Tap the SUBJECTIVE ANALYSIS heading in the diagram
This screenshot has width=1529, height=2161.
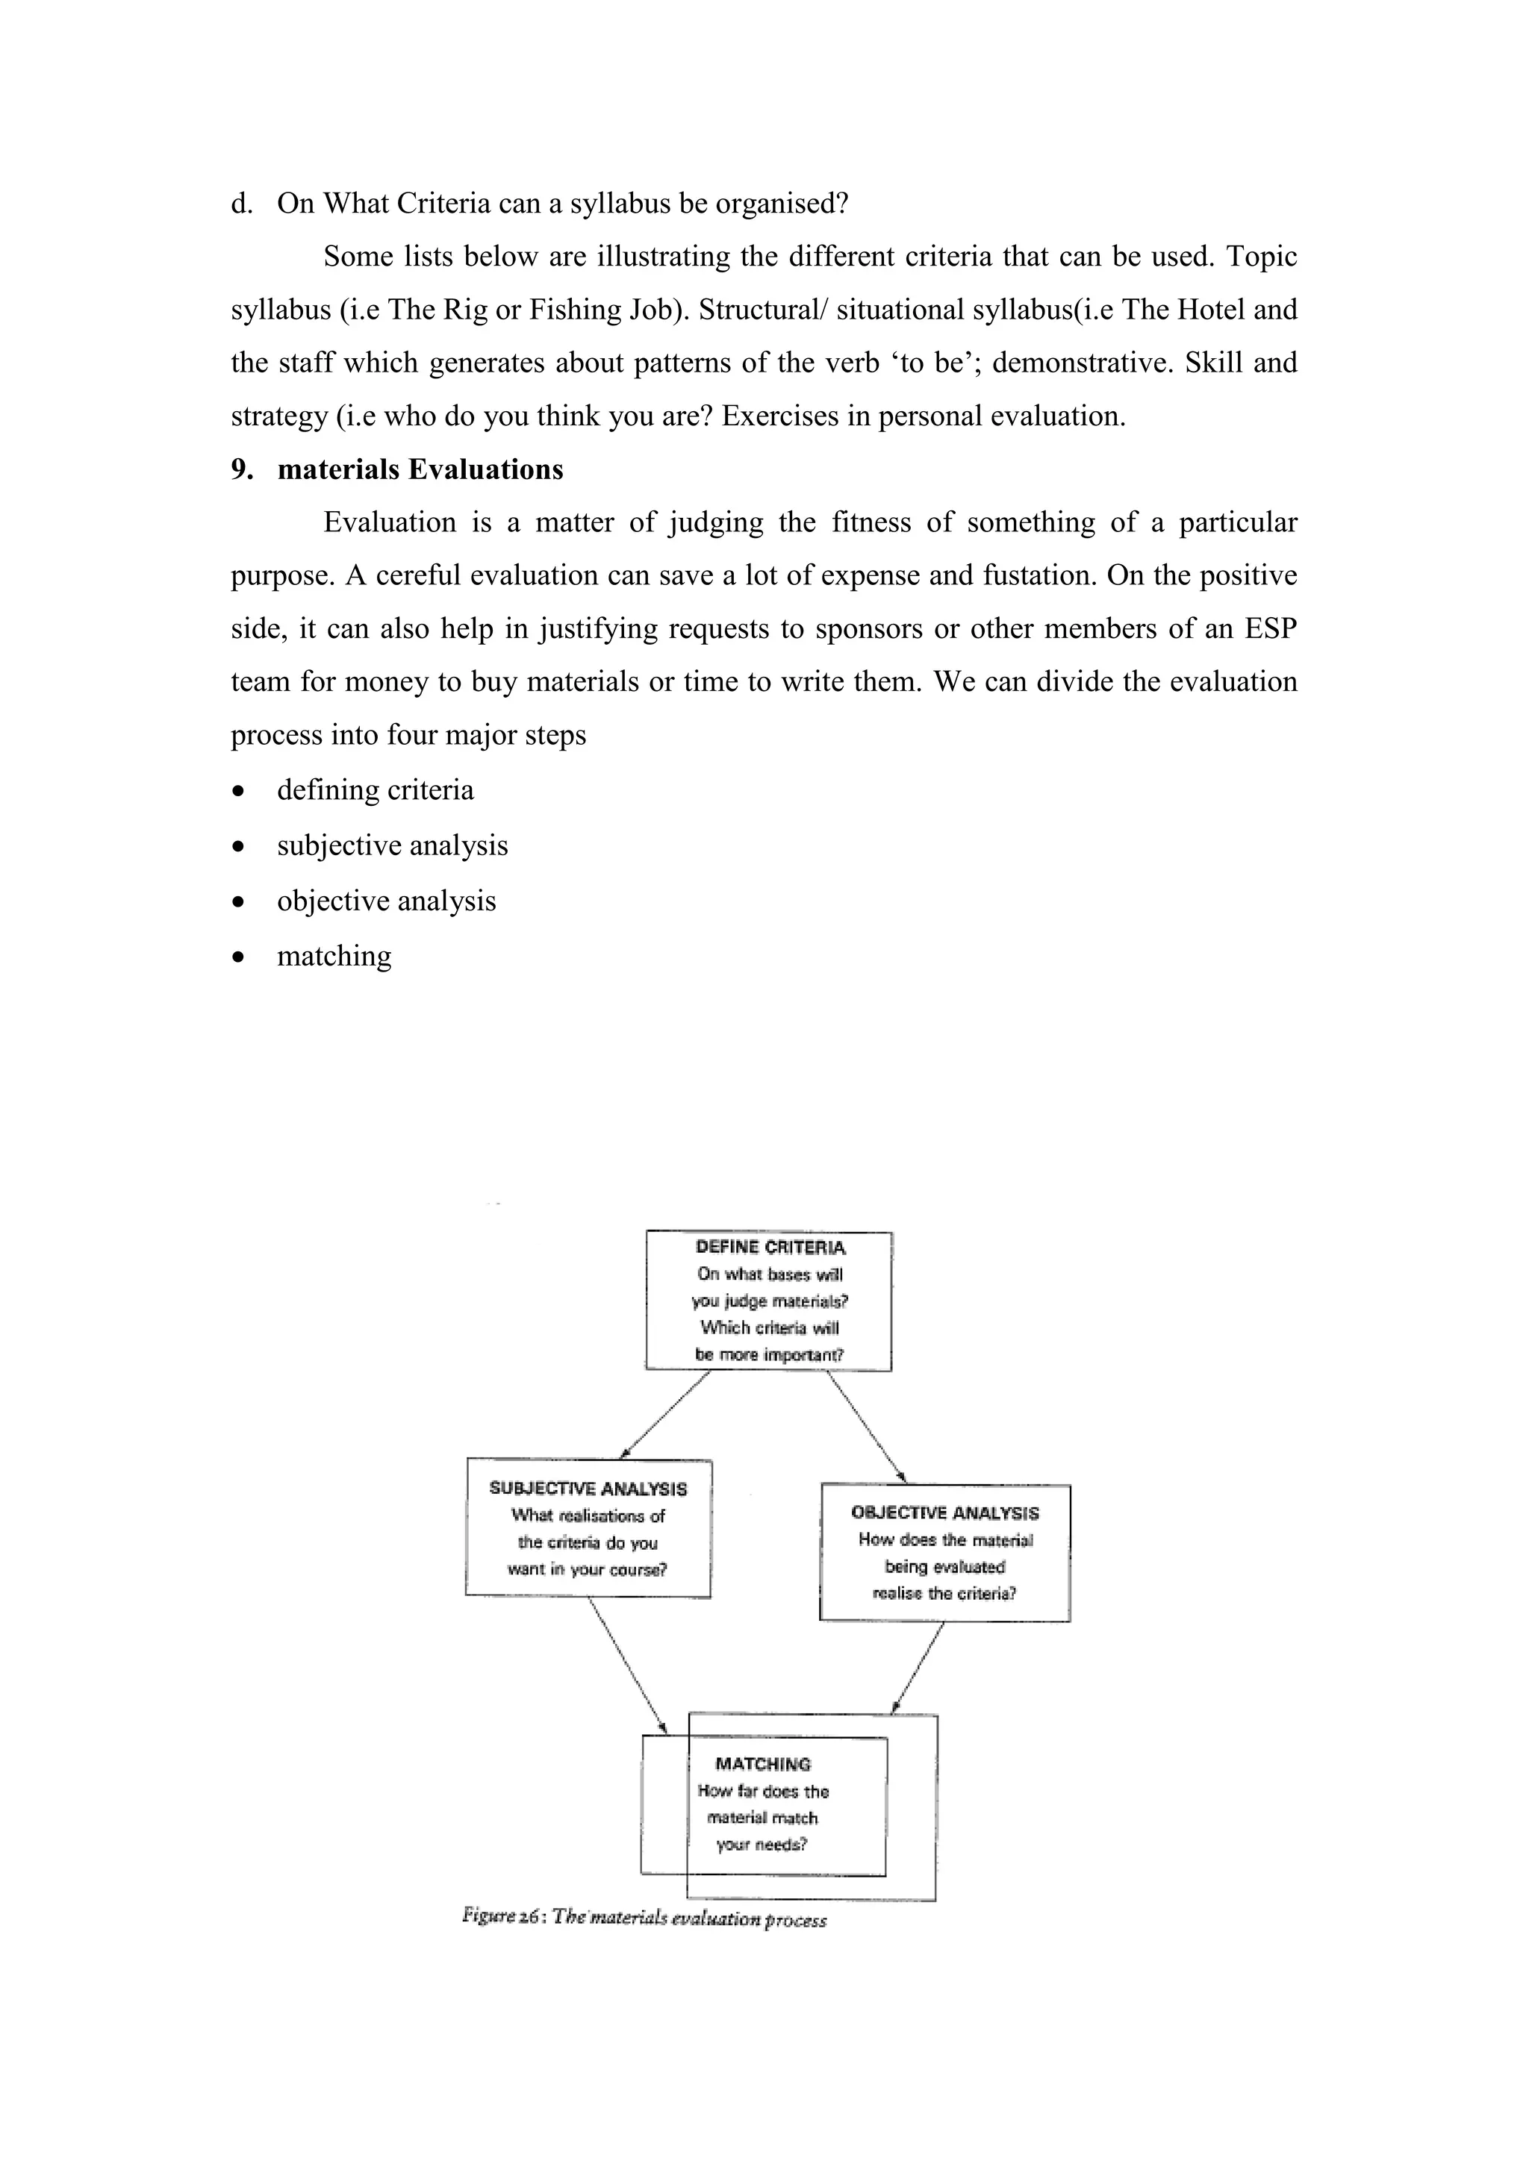[x=588, y=1488]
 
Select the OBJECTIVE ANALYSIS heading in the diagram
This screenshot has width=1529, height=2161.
[x=944, y=1513]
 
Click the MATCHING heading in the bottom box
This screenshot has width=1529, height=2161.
[x=762, y=1764]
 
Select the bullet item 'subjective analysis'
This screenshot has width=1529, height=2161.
[x=392, y=845]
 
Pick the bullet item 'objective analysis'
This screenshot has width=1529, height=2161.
[x=386, y=901]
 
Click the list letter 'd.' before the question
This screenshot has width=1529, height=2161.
[x=241, y=203]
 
